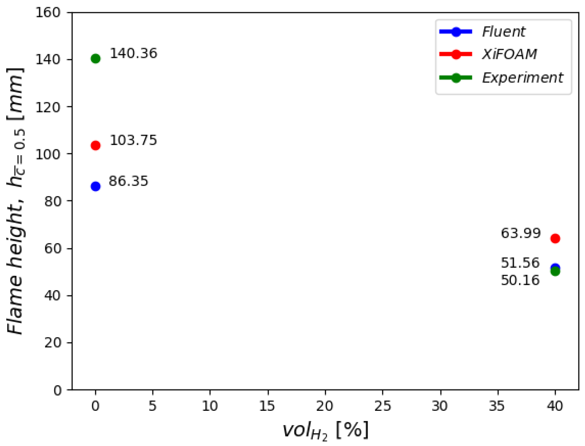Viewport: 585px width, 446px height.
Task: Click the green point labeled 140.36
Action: click(95, 58)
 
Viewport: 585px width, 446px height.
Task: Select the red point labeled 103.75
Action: click(95, 145)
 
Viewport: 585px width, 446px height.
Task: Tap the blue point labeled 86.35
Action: click(95, 186)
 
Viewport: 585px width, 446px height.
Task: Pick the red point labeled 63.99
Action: click(555, 238)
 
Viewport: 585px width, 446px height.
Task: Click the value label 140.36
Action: click(133, 53)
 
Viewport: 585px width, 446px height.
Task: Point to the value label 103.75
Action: click(133, 140)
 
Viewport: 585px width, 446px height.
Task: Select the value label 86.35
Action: click(128, 181)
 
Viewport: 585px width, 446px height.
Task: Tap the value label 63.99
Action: click(521, 233)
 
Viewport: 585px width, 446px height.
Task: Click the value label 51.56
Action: click(520, 263)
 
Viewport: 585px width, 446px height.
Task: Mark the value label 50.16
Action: click(520, 280)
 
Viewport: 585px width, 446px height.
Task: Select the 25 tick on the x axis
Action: click(382, 406)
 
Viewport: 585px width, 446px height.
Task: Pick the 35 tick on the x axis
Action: click(497, 406)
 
